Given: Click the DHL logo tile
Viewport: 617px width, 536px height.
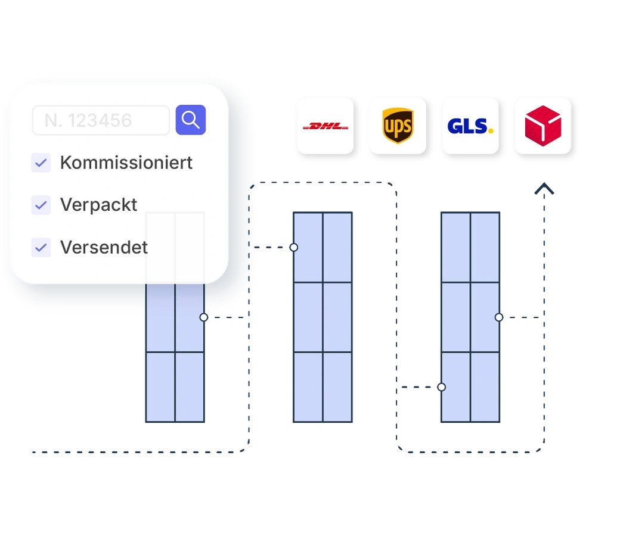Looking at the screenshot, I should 325,126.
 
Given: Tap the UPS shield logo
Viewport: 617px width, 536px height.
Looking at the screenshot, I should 398,126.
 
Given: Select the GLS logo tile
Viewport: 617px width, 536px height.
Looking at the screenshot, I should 470,126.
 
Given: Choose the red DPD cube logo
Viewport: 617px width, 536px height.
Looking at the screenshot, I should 543,126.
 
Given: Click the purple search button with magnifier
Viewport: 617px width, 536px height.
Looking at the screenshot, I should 191,120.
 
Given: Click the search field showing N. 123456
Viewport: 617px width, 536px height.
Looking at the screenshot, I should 101,120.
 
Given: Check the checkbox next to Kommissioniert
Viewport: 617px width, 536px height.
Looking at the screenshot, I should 41,163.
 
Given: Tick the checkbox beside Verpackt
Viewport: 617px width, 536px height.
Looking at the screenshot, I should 41,205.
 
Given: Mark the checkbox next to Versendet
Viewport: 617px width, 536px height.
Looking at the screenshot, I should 41,247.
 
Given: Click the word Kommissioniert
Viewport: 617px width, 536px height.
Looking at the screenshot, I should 126,163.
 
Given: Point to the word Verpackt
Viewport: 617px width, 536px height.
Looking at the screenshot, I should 99,205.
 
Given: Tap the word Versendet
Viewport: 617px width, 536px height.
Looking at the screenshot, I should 104,247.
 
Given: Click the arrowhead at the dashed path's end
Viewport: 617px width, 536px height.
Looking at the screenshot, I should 543,189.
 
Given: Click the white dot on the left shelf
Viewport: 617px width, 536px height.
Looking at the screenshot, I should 204,317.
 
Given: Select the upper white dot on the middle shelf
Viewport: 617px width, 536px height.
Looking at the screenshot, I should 294,247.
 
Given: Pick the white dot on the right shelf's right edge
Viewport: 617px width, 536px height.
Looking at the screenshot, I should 499,317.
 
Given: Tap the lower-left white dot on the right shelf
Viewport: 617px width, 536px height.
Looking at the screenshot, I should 442,387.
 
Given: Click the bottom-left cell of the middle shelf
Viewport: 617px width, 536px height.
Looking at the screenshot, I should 308,387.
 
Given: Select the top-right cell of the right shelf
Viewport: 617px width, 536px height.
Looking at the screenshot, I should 485,247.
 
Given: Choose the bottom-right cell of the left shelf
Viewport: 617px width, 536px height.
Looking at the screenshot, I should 190,387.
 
